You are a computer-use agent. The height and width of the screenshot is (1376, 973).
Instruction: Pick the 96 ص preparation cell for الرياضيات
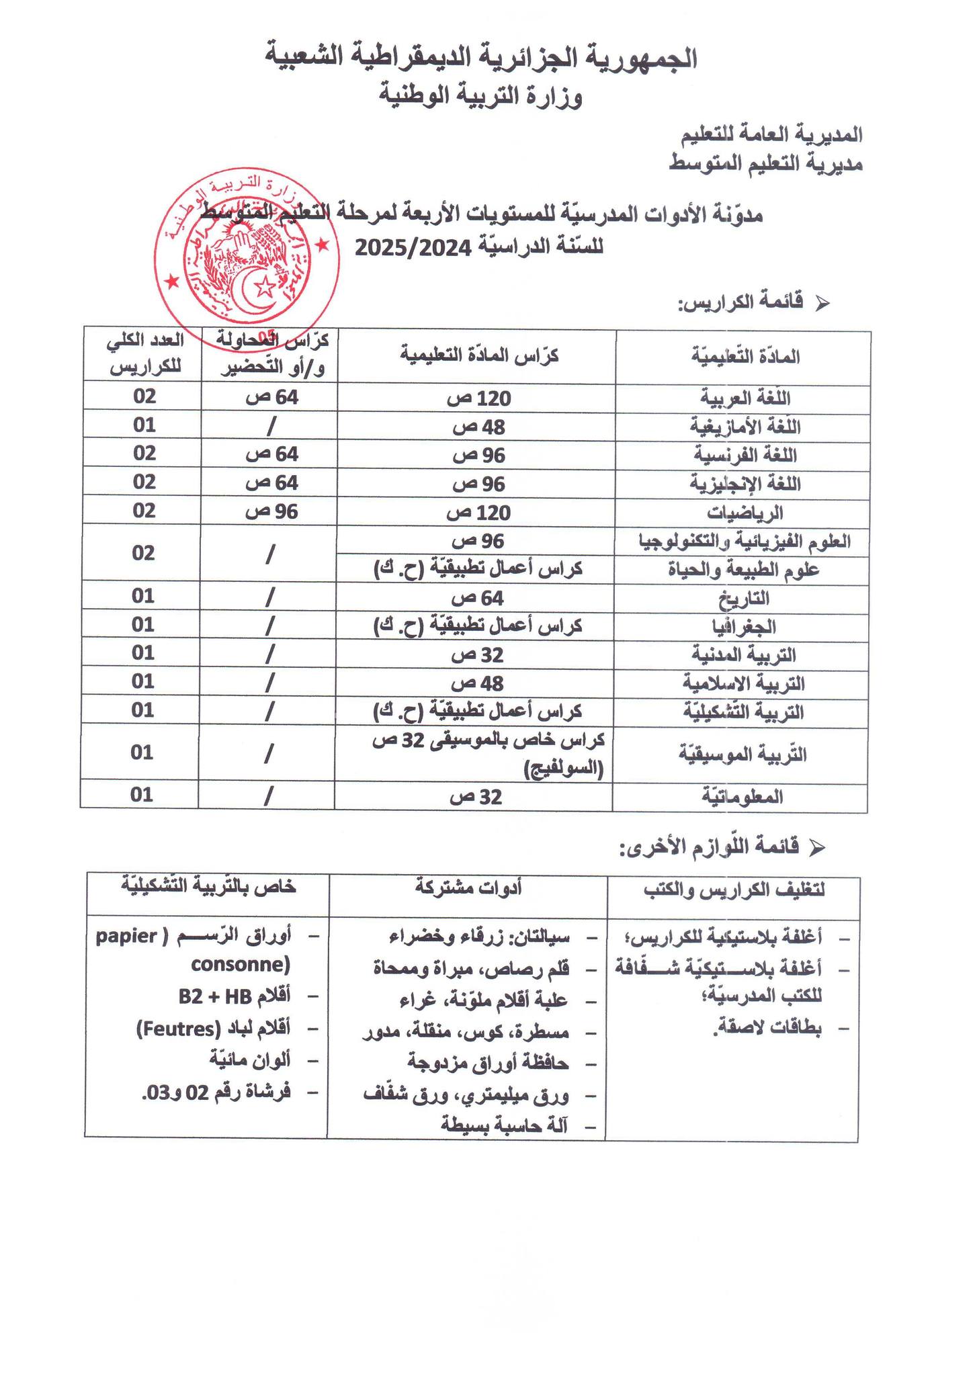271,512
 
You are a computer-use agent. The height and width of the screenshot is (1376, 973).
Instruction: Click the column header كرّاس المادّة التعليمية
480,356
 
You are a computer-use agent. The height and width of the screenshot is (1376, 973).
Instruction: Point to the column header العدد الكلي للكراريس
144,356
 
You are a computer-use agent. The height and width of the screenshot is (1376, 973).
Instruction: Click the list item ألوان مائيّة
250,1060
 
